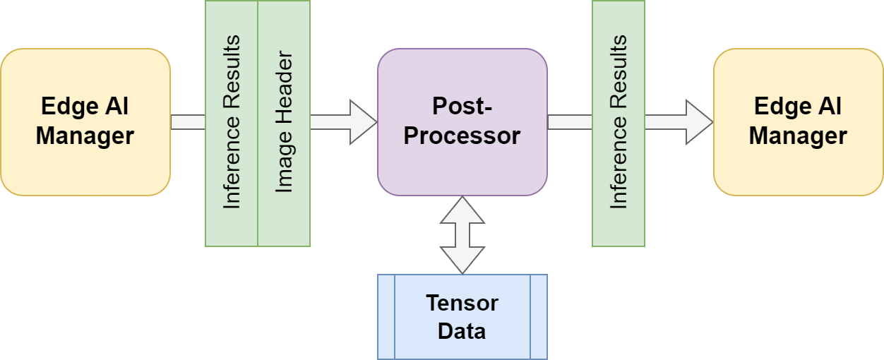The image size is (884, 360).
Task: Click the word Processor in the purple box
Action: (x=462, y=136)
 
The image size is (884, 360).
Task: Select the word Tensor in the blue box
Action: (x=462, y=304)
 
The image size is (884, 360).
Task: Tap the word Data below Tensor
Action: (x=462, y=330)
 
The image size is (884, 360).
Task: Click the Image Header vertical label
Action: (x=284, y=123)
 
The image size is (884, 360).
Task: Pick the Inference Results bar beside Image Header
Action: (x=232, y=123)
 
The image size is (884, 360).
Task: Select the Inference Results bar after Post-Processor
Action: (x=619, y=123)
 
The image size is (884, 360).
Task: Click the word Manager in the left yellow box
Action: (x=85, y=135)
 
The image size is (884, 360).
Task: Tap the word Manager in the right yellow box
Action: (x=798, y=135)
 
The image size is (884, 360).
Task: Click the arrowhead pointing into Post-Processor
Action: (x=363, y=122)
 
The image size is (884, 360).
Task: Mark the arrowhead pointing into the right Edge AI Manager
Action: (x=699, y=122)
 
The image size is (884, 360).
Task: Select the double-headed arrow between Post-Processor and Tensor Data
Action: (x=462, y=234)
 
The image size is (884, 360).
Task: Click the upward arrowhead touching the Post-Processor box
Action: (x=462, y=209)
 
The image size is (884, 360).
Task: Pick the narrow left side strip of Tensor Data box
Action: (x=386, y=317)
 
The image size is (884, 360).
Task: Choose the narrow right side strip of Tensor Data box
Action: (x=539, y=317)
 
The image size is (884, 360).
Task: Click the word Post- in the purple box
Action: (x=462, y=107)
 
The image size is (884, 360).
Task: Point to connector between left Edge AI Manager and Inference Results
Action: (x=188, y=122)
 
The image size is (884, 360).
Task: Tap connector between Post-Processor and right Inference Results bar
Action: (x=570, y=122)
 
